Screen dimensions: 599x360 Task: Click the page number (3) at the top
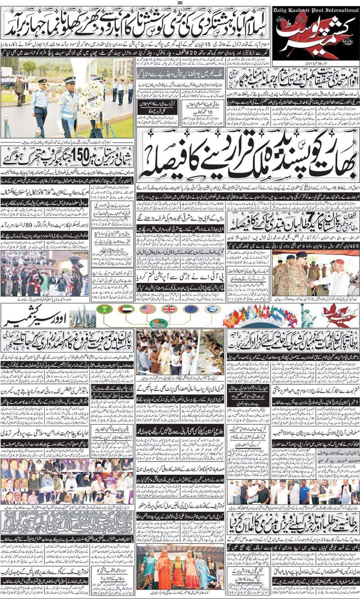(x=179, y=4)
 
